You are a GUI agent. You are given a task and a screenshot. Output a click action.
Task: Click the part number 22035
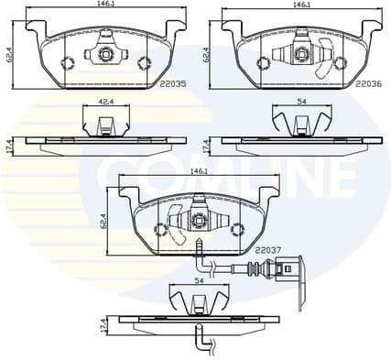[x=171, y=83]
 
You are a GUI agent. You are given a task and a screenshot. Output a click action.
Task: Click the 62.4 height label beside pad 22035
[x=6, y=55]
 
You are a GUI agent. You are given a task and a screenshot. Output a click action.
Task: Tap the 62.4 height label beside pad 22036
[x=207, y=55]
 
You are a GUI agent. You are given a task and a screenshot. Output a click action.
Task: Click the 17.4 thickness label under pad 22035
[x=7, y=145]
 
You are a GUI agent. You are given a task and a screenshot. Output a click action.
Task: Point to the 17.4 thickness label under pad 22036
[x=207, y=145]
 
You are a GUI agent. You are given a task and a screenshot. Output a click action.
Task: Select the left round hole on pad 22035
[x=66, y=62]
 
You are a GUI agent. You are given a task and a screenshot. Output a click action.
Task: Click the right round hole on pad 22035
[x=143, y=62]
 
